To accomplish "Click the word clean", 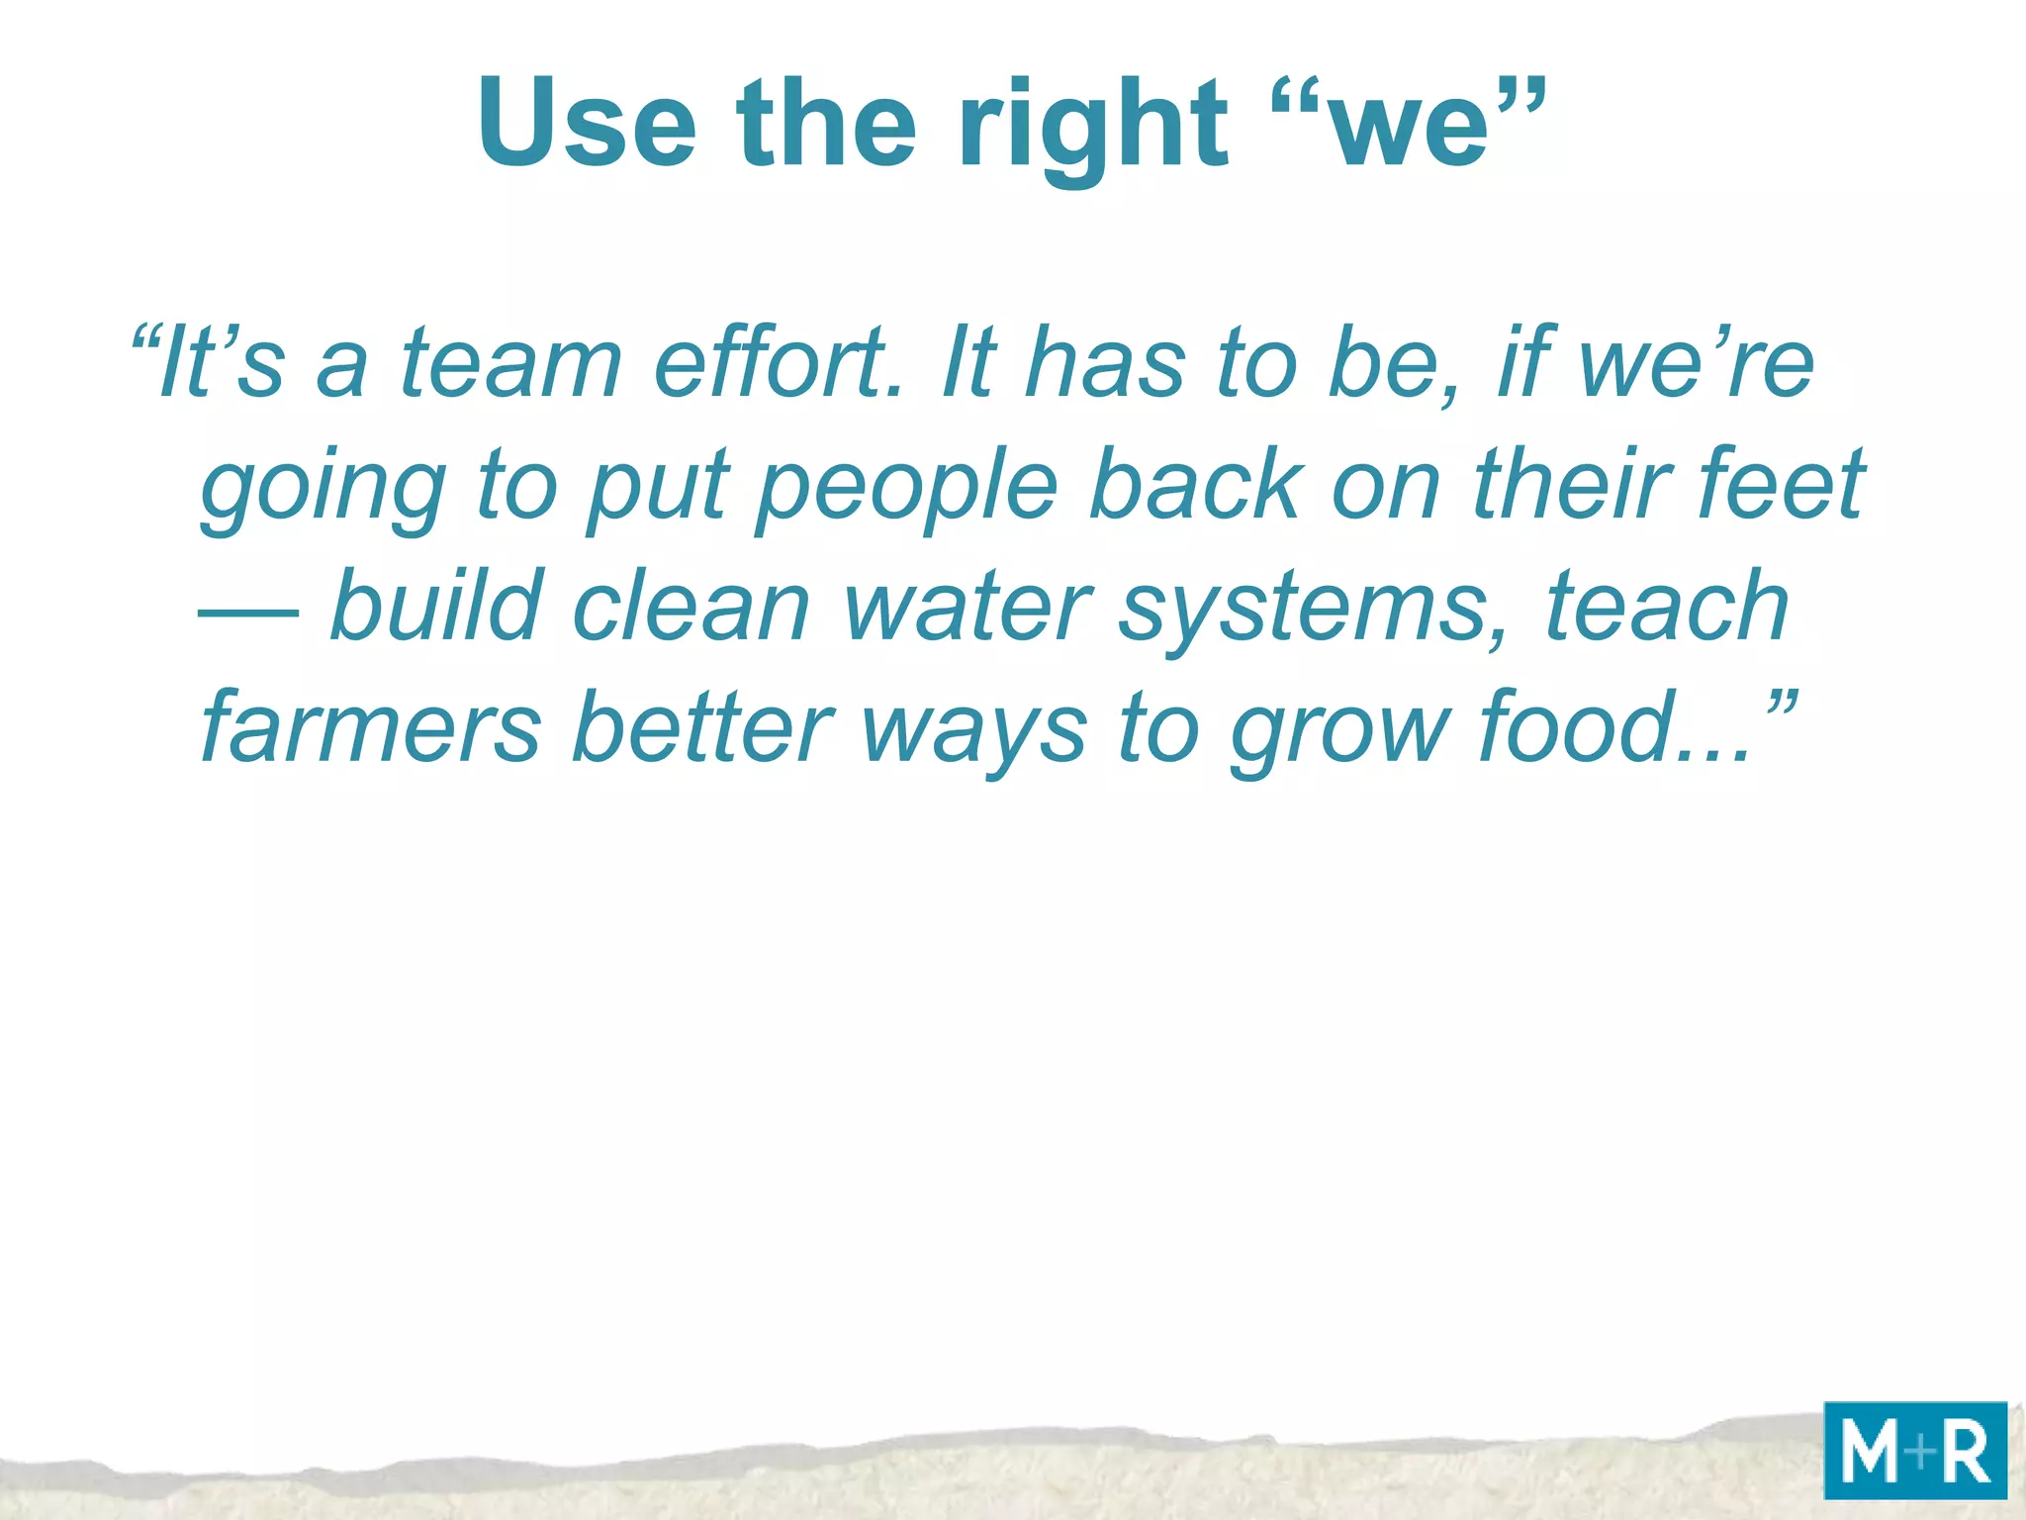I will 691,606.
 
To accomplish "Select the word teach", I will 1667,606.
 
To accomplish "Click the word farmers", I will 371,728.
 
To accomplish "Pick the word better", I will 702,726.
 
